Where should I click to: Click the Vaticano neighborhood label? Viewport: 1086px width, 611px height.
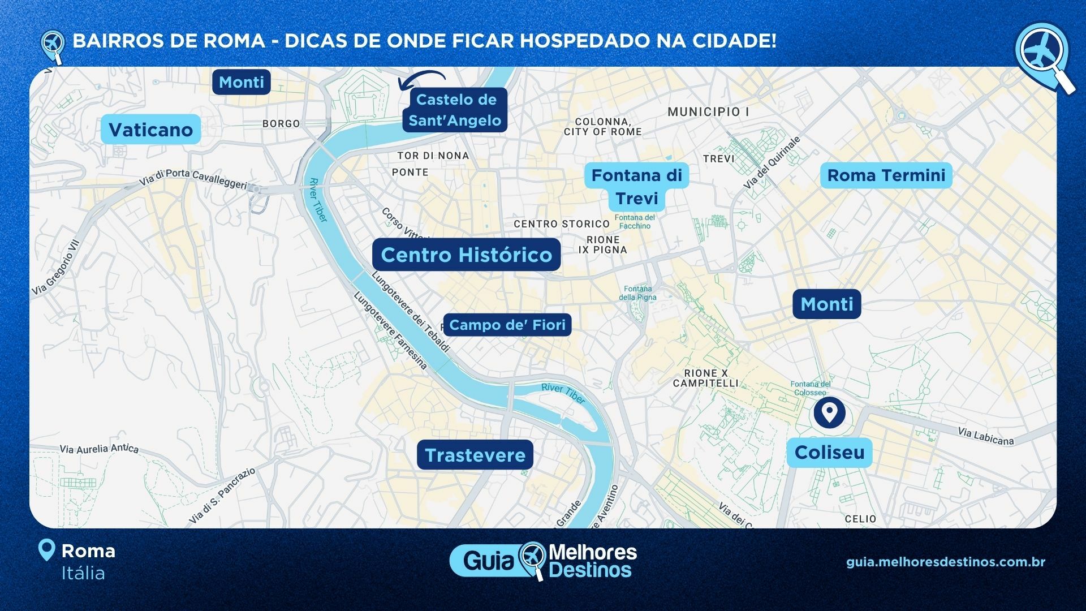point(150,130)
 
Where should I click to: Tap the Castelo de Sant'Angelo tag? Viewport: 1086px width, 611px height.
point(455,110)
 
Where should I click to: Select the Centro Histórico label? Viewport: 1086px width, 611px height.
point(466,255)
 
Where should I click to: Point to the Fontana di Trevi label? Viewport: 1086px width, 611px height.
point(636,187)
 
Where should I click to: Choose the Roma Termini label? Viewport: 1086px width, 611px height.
point(886,175)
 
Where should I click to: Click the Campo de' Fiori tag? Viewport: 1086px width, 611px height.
point(507,325)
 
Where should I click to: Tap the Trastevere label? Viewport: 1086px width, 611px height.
point(475,455)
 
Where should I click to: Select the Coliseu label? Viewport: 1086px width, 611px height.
point(829,452)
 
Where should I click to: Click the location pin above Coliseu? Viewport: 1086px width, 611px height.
point(829,412)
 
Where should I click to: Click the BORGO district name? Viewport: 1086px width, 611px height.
point(281,123)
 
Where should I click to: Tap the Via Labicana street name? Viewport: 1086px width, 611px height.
point(985,436)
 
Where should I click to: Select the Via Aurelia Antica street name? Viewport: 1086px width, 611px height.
point(99,449)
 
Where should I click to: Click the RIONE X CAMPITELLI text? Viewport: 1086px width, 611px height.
point(705,378)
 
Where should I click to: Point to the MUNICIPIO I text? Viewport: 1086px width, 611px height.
point(708,112)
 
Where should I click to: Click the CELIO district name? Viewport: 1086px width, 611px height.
point(860,519)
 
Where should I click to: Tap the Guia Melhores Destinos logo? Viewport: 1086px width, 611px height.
point(543,561)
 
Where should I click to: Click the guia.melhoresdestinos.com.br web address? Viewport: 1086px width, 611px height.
point(946,562)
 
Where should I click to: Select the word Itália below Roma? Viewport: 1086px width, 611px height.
point(83,573)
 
